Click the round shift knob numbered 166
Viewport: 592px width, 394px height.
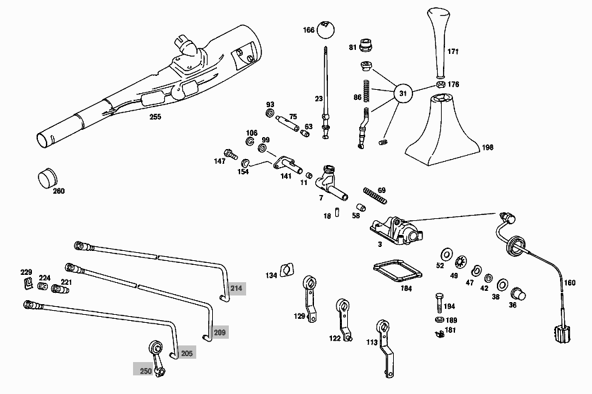coord(326,29)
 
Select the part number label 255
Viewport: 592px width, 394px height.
coord(155,116)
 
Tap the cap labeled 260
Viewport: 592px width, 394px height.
coord(46,178)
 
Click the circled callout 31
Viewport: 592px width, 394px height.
coord(402,94)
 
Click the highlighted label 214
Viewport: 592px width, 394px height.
coord(236,288)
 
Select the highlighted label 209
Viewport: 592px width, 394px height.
coord(220,331)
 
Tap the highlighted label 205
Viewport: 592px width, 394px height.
coord(187,353)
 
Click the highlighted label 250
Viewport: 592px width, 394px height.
coord(145,371)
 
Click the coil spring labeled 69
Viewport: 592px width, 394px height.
coord(374,194)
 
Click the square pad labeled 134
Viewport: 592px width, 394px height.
coord(286,270)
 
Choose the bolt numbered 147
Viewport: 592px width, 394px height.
coord(231,154)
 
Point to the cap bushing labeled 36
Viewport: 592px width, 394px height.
coord(518,294)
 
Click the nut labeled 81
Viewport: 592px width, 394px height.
coord(365,45)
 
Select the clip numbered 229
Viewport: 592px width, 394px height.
coord(28,284)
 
